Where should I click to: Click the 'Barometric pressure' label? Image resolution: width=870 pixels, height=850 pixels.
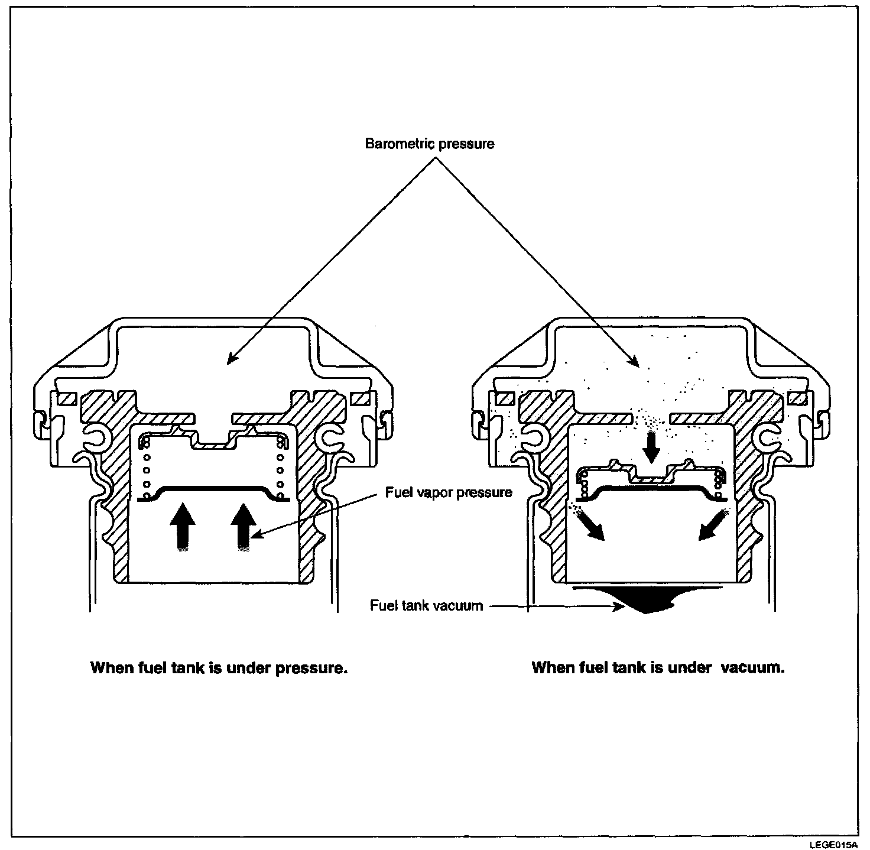(430, 144)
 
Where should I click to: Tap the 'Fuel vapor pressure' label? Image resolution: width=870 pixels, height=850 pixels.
(449, 492)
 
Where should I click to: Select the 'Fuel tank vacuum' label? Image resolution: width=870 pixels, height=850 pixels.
(426, 605)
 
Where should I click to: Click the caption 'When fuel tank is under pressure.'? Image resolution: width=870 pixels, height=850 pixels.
(218, 668)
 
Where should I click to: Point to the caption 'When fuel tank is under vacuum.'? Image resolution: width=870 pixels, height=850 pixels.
(658, 668)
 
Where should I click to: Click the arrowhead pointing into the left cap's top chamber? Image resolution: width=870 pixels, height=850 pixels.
(232, 358)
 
